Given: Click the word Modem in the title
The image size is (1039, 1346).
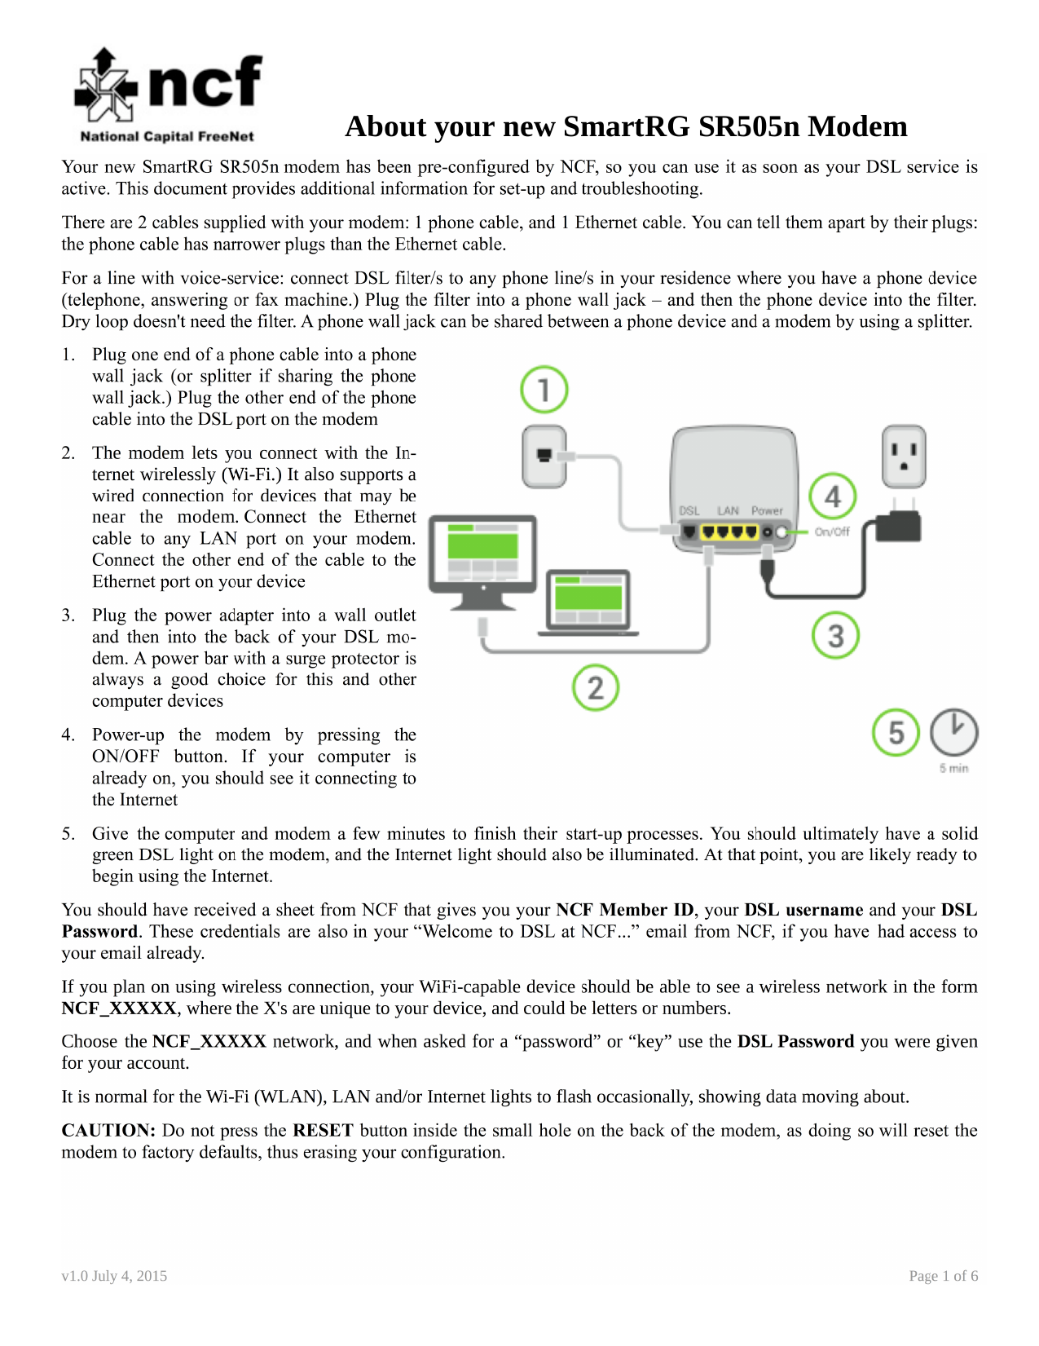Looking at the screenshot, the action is tap(857, 126).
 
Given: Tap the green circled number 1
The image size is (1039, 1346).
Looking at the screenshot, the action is tap(544, 390).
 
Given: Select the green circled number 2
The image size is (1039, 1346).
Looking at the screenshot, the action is tap(595, 687).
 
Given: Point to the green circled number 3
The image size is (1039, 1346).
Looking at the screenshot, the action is tap(835, 636).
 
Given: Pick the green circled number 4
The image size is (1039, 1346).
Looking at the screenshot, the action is tap(833, 496).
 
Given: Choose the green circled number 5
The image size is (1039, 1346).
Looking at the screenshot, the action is tap(896, 732).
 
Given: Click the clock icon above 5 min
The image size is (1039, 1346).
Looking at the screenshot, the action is tap(953, 732).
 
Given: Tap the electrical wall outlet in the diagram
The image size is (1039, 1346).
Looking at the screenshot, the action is tap(904, 456).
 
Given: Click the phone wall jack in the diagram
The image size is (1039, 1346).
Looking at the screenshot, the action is tap(544, 456).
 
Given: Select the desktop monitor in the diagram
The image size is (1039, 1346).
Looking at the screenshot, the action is tap(483, 562).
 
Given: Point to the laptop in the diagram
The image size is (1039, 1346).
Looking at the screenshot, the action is tap(588, 602).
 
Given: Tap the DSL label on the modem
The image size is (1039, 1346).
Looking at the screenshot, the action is tap(689, 510).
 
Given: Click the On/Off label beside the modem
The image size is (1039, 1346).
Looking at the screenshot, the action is tap(831, 532).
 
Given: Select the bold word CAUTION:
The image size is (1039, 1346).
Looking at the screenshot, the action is tap(108, 1131).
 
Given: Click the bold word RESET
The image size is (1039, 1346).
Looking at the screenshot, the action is tap(323, 1131).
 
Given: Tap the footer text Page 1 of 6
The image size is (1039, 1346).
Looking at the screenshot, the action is tap(943, 1275).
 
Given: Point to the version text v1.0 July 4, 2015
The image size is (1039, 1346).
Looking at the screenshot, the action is tap(114, 1275).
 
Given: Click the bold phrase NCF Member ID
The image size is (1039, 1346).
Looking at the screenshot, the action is tap(624, 909).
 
